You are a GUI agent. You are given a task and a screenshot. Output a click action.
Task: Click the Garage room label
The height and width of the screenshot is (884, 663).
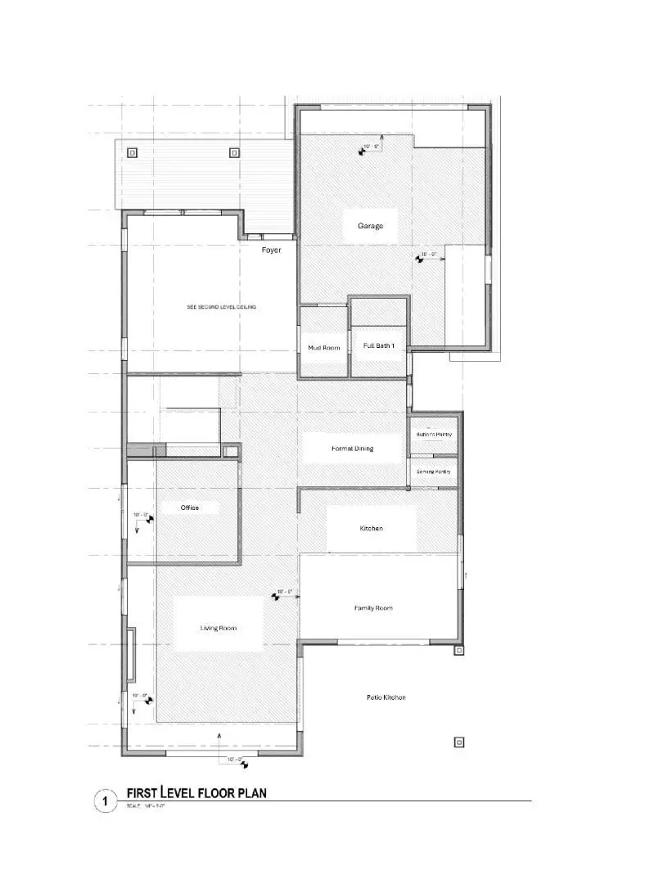pyautogui.click(x=370, y=226)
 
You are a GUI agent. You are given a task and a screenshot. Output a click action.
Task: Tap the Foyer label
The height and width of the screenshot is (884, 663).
pyautogui.click(x=271, y=250)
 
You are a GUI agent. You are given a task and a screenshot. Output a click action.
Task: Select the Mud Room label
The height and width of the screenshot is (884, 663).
pyautogui.click(x=323, y=348)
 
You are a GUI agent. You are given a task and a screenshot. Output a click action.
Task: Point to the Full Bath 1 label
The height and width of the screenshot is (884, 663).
pyautogui.click(x=379, y=346)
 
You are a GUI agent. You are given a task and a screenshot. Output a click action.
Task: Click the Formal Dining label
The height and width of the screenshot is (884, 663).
pyautogui.click(x=352, y=449)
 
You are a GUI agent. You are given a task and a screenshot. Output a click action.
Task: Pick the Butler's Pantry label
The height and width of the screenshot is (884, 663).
pyautogui.click(x=434, y=434)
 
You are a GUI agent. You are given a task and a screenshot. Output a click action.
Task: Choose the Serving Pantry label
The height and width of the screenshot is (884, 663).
pyautogui.click(x=433, y=472)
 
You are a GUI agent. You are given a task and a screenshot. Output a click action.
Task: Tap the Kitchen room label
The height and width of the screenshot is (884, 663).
pyautogui.click(x=371, y=529)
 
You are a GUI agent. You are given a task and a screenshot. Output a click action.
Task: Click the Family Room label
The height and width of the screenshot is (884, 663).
pyautogui.click(x=373, y=608)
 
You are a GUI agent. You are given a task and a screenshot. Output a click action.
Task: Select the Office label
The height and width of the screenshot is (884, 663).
pyautogui.click(x=190, y=507)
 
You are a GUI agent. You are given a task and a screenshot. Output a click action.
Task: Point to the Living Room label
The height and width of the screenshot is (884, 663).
pyautogui.click(x=219, y=628)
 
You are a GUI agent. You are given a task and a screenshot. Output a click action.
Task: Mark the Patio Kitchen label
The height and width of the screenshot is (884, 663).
pyautogui.click(x=386, y=697)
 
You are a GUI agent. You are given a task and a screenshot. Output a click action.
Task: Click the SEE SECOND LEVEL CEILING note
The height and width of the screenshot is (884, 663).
pyautogui.click(x=222, y=307)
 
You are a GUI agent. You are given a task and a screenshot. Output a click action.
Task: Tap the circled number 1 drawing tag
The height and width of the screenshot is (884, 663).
pyautogui.click(x=105, y=801)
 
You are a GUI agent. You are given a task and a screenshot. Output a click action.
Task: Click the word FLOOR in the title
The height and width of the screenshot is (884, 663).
pyautogui.click(x=214, y=792)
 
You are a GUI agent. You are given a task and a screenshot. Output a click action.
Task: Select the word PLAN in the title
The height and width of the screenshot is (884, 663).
pyautogui.click(x=250, y=792)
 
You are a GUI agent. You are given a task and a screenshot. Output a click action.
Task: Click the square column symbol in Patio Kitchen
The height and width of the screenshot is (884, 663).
pyautogui.click(x=459, y=742)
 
